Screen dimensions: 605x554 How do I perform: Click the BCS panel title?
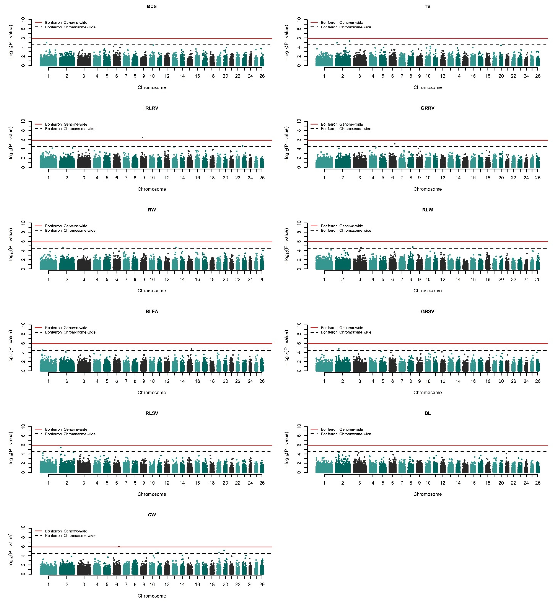coord(152,6)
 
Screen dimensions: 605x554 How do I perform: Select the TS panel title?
coord(427,6)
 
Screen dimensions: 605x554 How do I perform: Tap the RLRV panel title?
coord(152,108)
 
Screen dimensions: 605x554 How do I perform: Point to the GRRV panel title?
coord(427,108)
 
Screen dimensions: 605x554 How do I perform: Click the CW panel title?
coord(152,515)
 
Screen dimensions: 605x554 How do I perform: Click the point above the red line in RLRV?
coord(143,138)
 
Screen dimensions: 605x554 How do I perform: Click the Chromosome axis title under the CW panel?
coord(152,596)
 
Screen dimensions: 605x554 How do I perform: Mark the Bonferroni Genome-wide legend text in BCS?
coord(66,22)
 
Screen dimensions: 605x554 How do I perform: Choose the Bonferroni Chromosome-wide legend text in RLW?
coord(346,231)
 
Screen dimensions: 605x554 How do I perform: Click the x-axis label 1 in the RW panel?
coord(48,279)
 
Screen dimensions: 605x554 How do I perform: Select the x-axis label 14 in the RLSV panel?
coord(182,483)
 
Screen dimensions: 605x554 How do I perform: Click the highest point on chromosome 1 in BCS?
coord(46,43)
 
